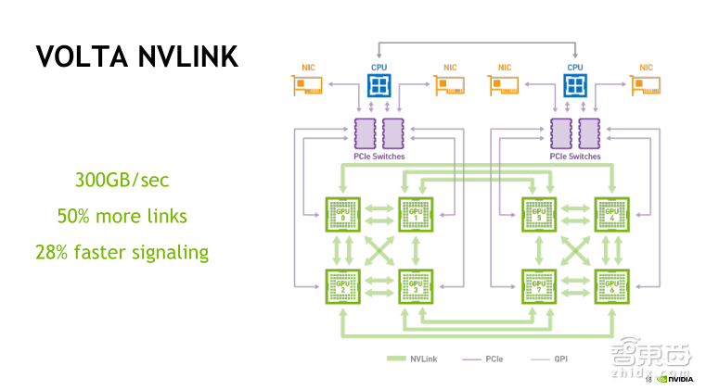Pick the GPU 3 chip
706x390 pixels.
click(x=416, y=286)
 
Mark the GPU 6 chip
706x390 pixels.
click(x=611, y=286)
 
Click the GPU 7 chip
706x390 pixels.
click(x=539, y=286)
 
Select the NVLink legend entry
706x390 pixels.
click(x=414, y=358)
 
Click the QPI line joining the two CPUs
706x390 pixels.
click(x=479, y=42)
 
